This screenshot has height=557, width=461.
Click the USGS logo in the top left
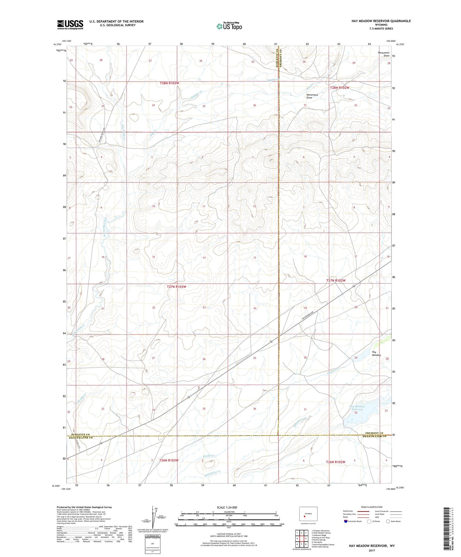tap(70, 25)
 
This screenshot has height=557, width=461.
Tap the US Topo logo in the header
tap(229, 26)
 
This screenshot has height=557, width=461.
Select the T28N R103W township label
tap(169, 83)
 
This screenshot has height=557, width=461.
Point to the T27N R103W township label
tap(176, 287)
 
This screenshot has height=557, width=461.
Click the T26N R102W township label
tap(336, 462)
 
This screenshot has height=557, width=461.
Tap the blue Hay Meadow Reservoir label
tap(357, 408)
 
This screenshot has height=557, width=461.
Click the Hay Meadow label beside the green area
tap(376, 354)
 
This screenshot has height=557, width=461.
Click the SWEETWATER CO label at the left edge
tap(80, 438)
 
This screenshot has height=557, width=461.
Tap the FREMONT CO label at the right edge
tap(373, 433)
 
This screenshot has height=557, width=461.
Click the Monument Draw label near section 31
tap(312, 96)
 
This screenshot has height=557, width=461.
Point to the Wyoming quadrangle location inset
tap(308, 514)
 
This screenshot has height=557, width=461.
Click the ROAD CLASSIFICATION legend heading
tap(372, 507)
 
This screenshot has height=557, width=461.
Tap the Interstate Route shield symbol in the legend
tap(346, 521)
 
